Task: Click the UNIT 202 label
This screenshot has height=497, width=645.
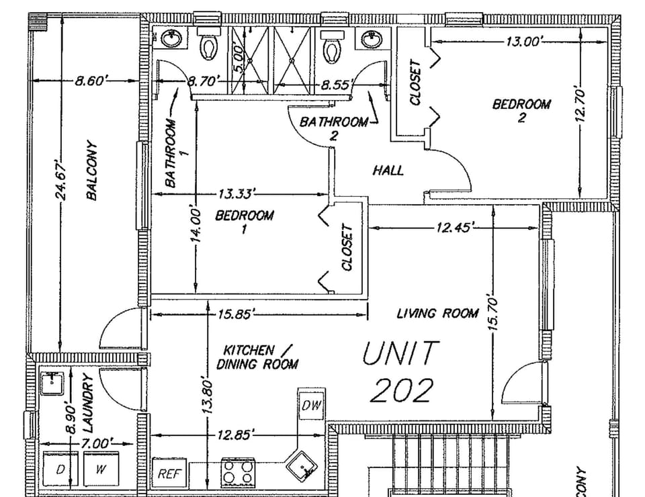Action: click(x=401, y=371)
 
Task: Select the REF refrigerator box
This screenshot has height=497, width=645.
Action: click(x=169, y=473)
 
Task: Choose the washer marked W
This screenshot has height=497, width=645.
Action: click(x=99, y=470)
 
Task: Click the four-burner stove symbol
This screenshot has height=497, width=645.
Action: click(x=239, y=471)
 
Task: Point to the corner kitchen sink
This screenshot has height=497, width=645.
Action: click(x=303, y=464)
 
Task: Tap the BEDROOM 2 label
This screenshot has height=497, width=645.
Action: click(x=521, y=110)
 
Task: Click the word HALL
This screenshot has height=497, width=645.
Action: click(x=388, y=171)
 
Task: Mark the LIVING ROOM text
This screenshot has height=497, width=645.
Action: click(x=437, y=313)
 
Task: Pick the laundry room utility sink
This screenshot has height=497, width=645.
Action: click(x=51, y=384)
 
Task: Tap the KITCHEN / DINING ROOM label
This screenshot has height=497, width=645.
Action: click(x=257, y=357)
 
